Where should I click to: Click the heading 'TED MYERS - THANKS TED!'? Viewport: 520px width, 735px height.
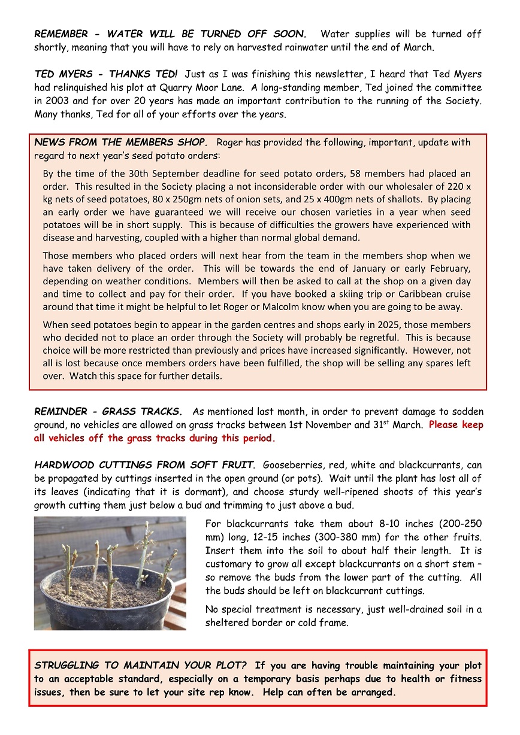point(106,74)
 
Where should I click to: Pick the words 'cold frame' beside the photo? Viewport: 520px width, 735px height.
point(325,622)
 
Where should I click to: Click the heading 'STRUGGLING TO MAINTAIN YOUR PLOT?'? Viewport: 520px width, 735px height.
point(141,666)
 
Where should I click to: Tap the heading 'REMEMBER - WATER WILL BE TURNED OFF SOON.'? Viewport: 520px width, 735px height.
point(170,34)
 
